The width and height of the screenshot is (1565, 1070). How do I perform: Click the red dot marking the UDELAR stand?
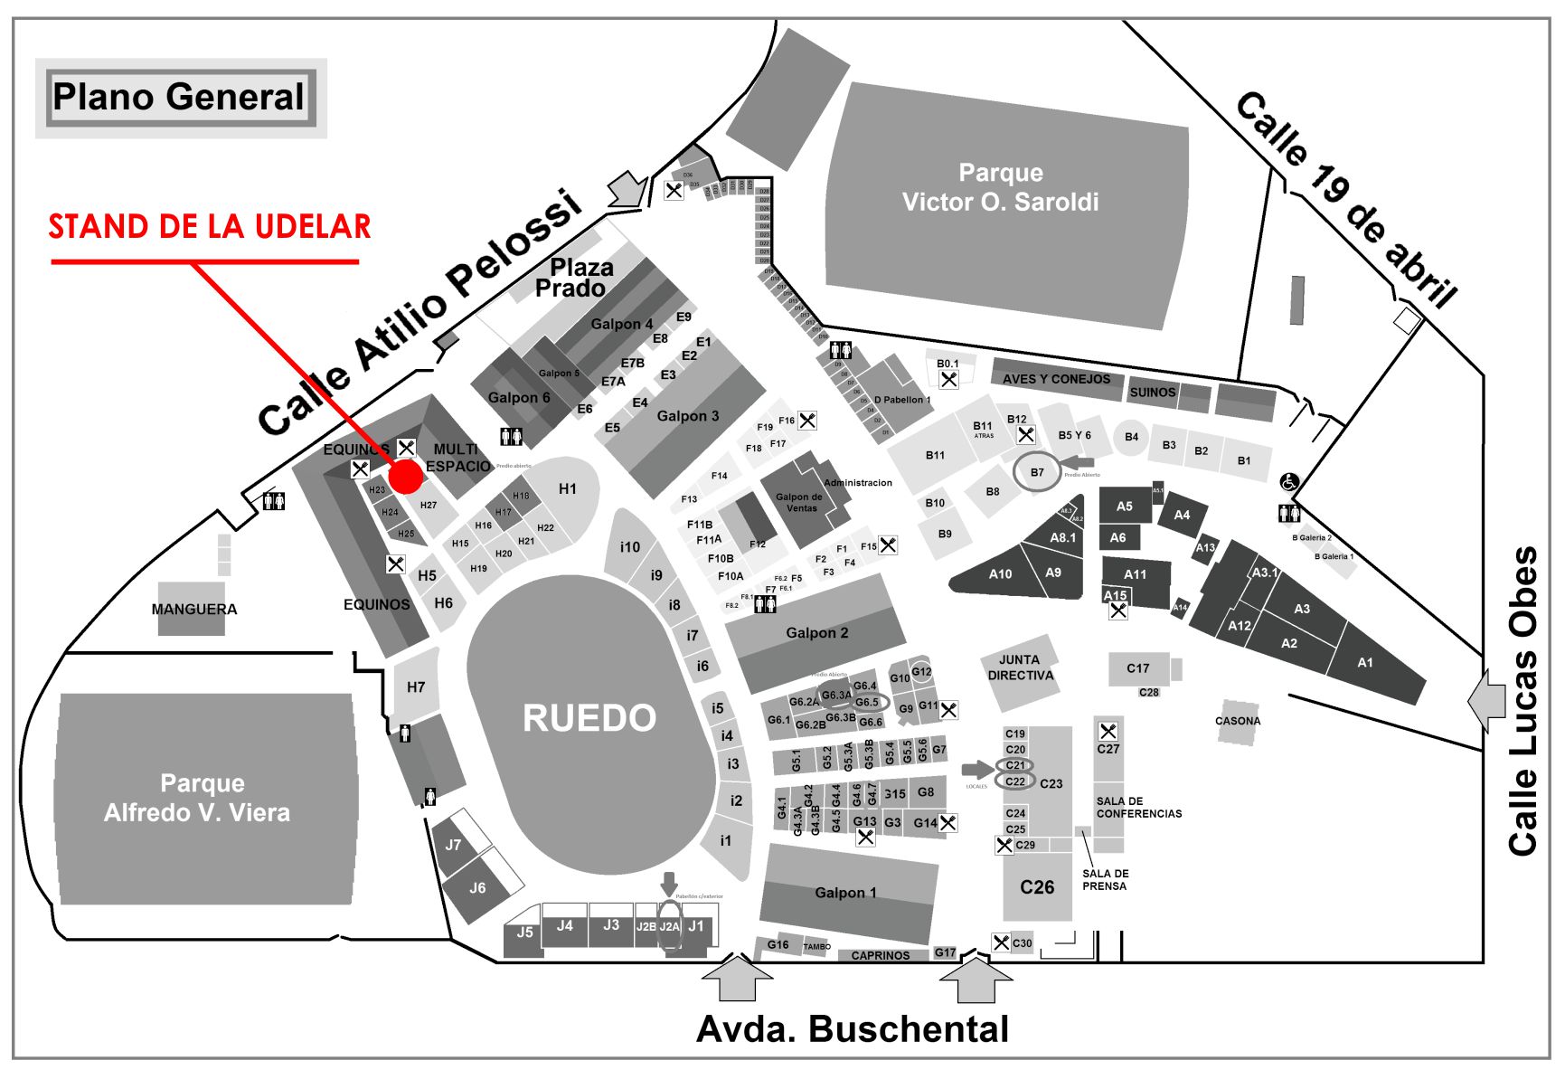point(405,477)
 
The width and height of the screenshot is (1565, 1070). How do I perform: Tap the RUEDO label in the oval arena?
point(589,718)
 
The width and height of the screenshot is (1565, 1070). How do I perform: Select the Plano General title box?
point(179,98)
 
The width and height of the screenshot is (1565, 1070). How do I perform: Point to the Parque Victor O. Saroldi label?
point(1000,187)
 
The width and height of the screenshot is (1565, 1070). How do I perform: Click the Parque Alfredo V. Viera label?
point(197,798)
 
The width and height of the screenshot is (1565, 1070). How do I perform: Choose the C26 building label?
point(1037,887)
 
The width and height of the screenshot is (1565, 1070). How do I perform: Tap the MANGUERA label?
point(193,609)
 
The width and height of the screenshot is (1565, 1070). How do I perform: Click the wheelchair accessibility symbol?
point(1289,483)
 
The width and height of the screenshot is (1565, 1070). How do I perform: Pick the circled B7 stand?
point(1037,472)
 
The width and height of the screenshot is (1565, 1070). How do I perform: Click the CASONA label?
point(1237,721)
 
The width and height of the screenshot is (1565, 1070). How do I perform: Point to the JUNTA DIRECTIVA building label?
point(1020,668)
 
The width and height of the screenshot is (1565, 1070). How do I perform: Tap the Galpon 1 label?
point(845,893)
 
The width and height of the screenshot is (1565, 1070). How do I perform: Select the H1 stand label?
point(568,489)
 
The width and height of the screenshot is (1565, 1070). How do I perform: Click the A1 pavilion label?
point(1364,663)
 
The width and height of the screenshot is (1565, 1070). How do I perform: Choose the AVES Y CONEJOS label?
point(1056,379)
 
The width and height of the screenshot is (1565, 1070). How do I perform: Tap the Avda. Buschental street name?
point(852,1028)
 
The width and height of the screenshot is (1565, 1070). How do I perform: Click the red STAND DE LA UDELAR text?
point(210,226)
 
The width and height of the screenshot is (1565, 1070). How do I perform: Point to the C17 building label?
point(1137,668)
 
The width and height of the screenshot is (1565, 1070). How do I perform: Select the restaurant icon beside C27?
point(1108,731)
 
